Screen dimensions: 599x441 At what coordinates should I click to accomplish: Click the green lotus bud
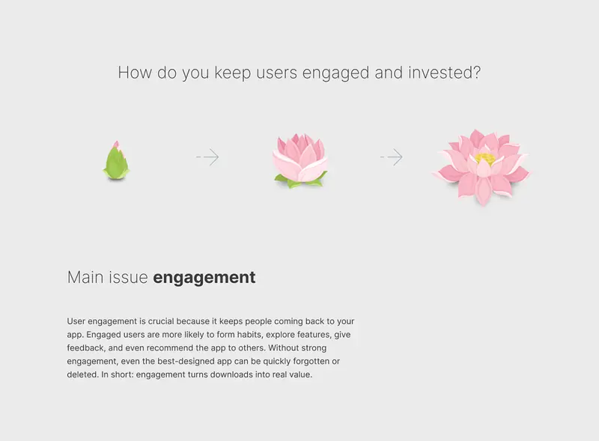(x=116, y=160)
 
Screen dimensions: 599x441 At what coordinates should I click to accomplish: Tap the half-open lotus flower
(x=300, y=160)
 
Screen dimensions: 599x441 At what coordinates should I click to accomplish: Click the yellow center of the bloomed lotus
(x=485, y=158)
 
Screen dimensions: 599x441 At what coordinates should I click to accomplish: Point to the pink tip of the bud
(x=117, y=145)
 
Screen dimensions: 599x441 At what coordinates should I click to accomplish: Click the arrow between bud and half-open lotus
(x=207, y=156)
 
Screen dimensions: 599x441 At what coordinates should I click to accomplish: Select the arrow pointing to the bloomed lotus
(x=392, y=156)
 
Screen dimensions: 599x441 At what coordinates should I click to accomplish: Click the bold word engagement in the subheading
(x=204, y=278)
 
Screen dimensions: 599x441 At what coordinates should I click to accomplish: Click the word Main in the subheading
(x=85, y=278)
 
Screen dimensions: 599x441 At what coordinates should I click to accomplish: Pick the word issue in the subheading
(x=127, y=278)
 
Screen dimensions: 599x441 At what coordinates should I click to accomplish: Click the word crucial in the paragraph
(x=161, y=321)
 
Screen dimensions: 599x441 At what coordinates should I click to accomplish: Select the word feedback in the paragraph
(x=85, y=348)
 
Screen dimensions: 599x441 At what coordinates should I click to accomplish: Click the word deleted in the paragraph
(x=82, y=374)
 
